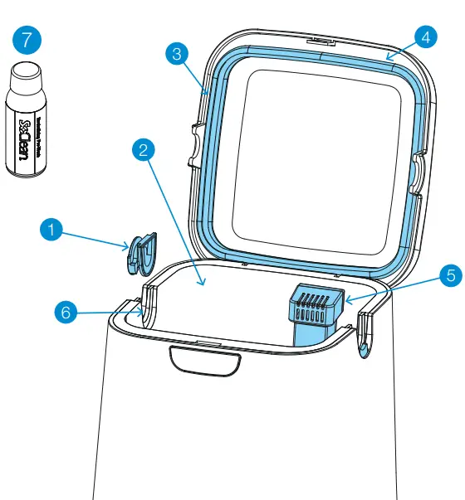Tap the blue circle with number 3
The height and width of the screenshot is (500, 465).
tap(176, 54)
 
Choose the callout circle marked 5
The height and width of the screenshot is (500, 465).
tap(450, 275)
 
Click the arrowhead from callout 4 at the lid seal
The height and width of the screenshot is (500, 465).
tap(389, 60)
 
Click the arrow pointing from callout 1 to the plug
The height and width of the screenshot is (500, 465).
tap(95, 240)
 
